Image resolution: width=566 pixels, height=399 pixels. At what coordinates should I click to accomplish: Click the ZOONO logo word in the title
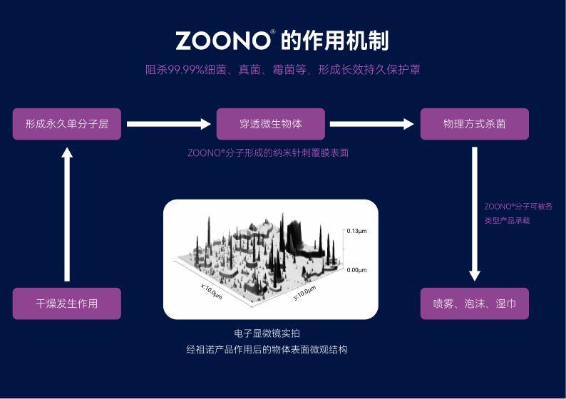(x=222, y=41)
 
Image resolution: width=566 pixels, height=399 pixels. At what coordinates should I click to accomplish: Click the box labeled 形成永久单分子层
(x=67, y=124)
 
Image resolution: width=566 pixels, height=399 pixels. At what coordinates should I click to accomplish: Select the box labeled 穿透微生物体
(x=271, y=124)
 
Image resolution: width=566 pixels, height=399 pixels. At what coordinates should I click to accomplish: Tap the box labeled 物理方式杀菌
(x=475, y=124)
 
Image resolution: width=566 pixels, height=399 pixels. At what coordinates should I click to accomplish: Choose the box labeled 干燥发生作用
(x=67, y=304)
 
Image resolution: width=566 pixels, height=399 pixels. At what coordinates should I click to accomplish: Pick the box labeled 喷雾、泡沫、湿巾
(x=475, y=304)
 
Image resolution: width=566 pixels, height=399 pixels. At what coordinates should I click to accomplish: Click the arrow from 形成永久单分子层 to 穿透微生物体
(x=169, y=124)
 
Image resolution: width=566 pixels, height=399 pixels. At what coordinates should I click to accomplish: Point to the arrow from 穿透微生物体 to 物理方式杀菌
(x=372, y=124)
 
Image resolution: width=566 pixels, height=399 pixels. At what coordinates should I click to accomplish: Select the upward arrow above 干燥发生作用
(x=67, y=214)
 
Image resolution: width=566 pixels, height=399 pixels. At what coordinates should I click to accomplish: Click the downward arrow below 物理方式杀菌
(x=475, y=214)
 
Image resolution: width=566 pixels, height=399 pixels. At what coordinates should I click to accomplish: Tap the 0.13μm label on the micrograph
(x=356, y=232)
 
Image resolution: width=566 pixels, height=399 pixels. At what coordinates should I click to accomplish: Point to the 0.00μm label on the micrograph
(x=356, y=271)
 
